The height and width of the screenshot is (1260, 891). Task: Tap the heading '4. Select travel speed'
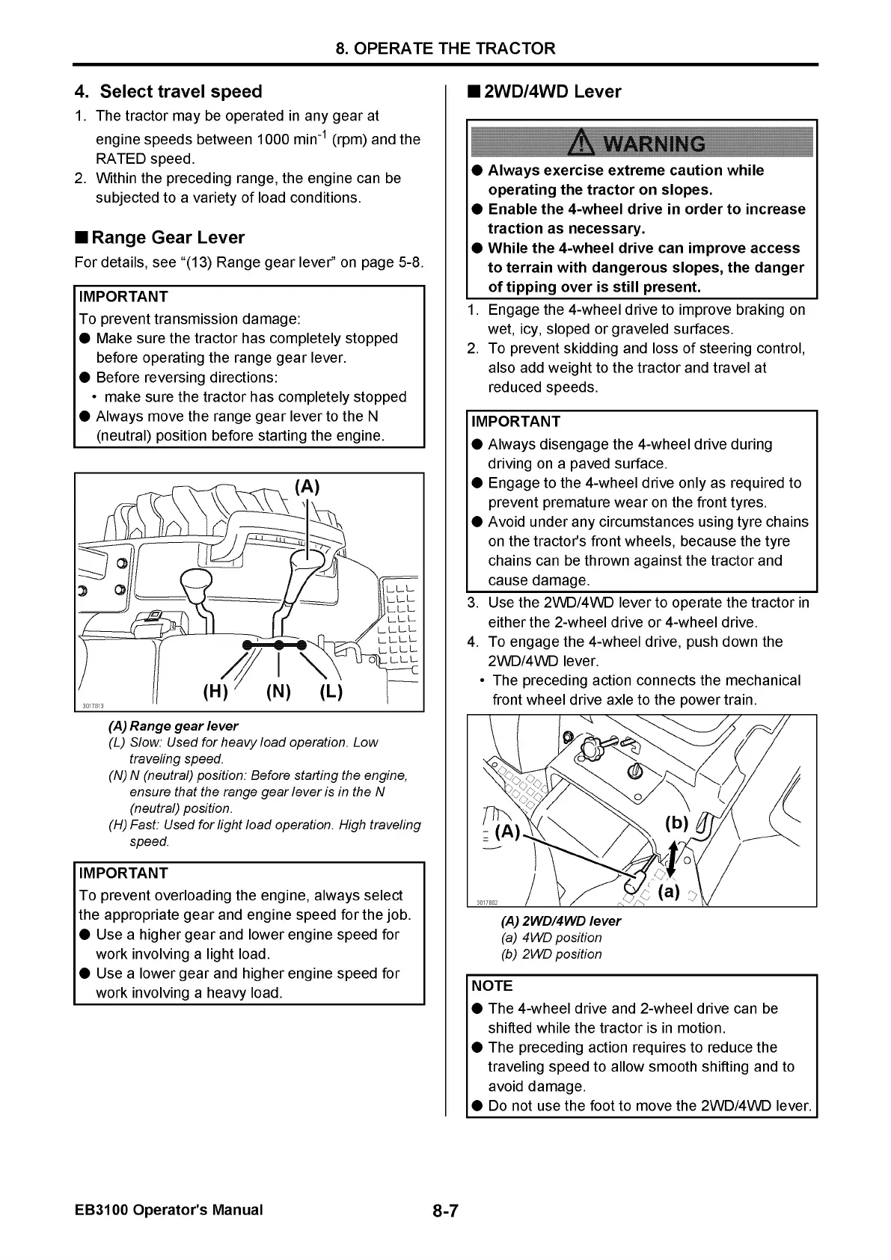[x=168, y=92]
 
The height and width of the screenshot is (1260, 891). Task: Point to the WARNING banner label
[x=641, y=143]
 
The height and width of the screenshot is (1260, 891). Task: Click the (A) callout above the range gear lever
[x=307, y=487]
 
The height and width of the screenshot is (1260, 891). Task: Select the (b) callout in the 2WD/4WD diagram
[x=676, y=823]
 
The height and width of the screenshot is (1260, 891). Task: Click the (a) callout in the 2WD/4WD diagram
[x=669, y=892]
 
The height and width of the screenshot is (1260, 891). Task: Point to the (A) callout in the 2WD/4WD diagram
[x=508, y=832]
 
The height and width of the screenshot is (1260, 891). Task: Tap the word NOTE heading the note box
[x=492, y=986]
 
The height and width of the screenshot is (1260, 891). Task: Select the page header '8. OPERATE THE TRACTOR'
[x=445, y=49]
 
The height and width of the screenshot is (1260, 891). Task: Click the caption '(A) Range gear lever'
[x=174, y=726]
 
